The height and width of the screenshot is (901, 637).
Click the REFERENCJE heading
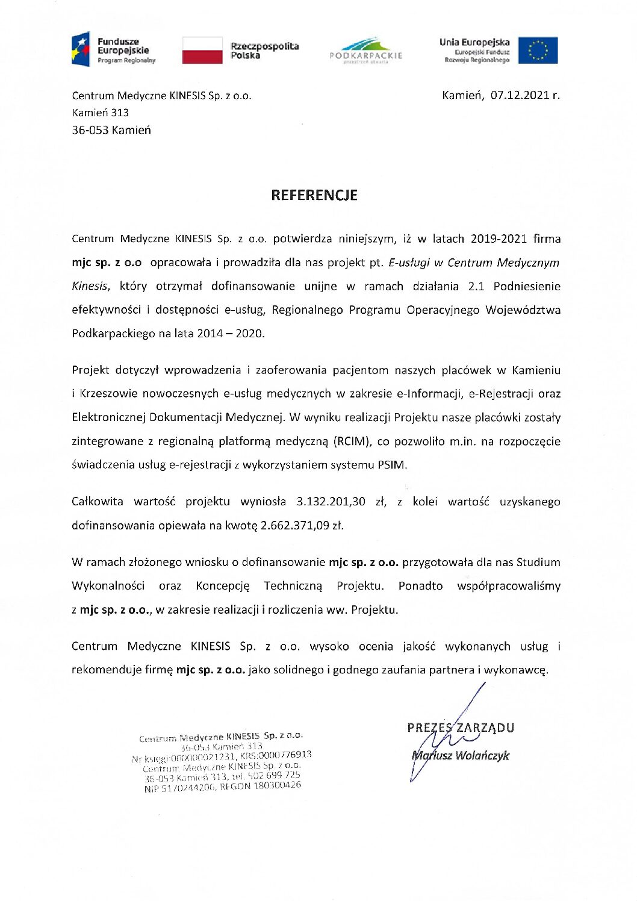(314, 195)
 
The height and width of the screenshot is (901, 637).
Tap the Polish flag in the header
(202, 50)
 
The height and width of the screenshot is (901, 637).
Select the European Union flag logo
(538, 51)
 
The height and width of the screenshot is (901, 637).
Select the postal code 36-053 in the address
(90, 130)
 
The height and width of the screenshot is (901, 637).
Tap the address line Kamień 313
(100, 113)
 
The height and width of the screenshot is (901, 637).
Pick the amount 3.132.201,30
(331, 502)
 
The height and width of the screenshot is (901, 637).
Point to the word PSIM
(392, 465)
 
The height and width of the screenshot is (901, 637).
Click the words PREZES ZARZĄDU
(461, 728)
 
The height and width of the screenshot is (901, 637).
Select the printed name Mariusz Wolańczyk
(461, 755)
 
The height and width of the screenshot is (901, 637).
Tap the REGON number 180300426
(277, 785)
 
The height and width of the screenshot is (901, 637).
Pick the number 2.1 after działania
(476, 286)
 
